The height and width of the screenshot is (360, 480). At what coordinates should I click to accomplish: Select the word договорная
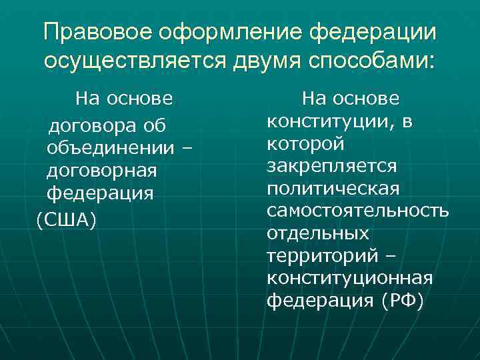pyautogui.click(x=102, y=171)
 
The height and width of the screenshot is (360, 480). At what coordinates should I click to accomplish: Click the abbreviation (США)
pyautogui.click(x=67, y=219)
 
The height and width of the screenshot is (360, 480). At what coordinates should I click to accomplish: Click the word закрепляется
pyautogui.click(x=331, y=166)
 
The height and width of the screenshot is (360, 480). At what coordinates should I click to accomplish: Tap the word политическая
pyautogui.click(x=333, y=189)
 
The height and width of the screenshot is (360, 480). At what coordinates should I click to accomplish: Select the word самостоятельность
pyautogui.click(x=357, y=211)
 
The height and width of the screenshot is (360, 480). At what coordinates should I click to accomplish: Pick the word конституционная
pyautogui.click(x=350, y=279)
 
